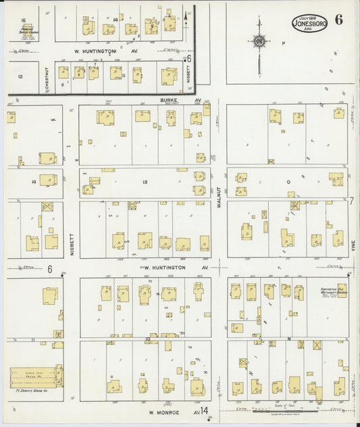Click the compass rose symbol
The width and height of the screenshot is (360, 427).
click(259, 42)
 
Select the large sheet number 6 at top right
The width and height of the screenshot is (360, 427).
click(338, 19)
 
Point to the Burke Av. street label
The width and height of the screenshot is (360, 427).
click(172, 100)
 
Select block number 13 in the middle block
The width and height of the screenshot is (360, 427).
click(145, 182)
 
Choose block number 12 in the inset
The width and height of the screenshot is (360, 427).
click(20, 76)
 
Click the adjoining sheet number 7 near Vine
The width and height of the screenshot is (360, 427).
click(351, 201)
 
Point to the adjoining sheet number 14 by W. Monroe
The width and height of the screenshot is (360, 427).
click(204, 410)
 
